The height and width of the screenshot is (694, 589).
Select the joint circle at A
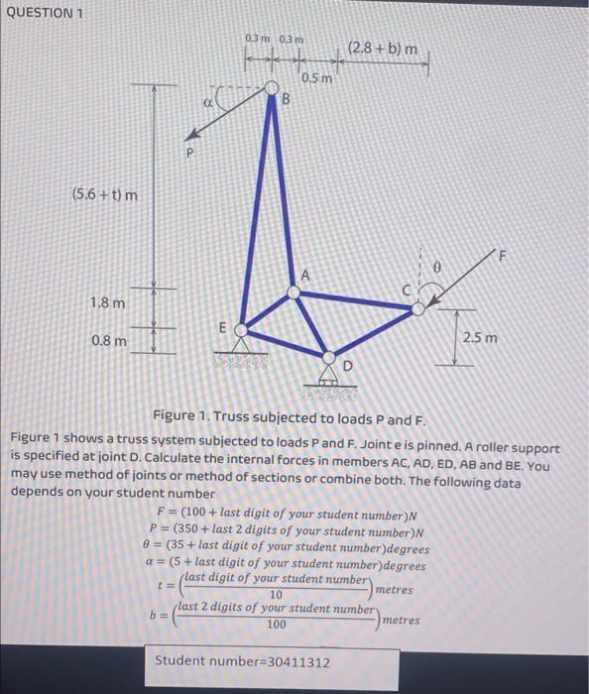pos(294,291)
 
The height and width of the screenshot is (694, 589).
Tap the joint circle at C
pos(419,309)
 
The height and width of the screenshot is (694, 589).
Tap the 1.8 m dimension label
pos(108,301)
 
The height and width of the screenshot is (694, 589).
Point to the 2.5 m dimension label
pos(486,338)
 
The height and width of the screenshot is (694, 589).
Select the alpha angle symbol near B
pos(206,100)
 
